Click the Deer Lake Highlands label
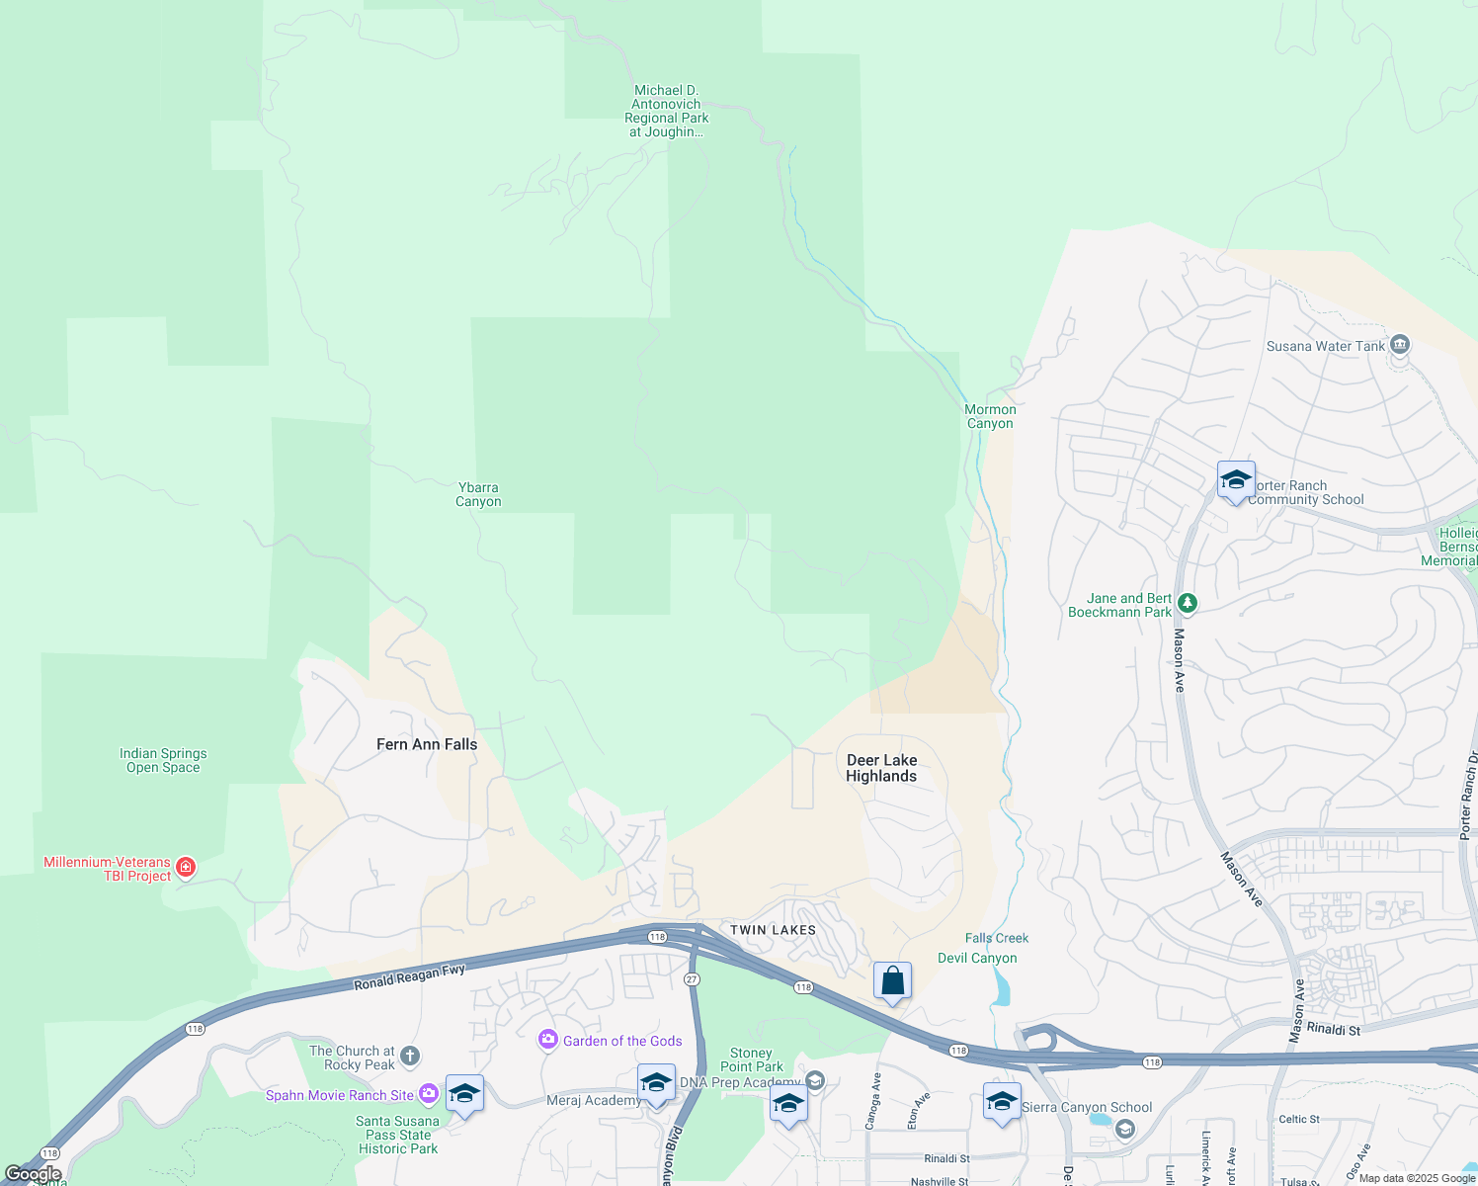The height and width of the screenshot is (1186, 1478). point(881,768)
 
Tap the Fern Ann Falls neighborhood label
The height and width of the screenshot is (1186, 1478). point(427,744)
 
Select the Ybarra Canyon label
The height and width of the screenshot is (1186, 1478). point(478,494)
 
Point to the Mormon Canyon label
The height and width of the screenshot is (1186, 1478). point(990,416)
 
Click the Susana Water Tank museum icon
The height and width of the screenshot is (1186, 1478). point(1399,345)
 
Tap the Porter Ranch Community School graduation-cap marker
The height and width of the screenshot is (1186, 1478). point(1236,480)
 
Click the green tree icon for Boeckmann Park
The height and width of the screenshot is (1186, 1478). point(1188,602)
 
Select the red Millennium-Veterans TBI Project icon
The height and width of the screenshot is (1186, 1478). point(185,868)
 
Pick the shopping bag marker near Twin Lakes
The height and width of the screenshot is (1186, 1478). point(892,981)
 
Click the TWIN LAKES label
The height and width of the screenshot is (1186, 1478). point(773,930)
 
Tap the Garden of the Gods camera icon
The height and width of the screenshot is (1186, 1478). point(548,1040)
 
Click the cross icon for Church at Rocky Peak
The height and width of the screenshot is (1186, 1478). point(410,1057)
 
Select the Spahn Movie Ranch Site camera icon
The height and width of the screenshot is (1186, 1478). point(428,1093)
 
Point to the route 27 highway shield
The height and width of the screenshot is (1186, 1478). point(692,978)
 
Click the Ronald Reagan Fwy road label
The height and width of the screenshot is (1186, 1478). point(409,976)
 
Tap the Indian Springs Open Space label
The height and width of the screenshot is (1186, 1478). point(163,760)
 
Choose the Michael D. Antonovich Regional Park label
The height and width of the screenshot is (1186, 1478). point(667,111)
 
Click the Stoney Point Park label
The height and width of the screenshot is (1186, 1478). point(752,1059)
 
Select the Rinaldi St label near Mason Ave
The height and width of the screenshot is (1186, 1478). point(1334,1030)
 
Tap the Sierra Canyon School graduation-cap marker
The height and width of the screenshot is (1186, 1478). point(1001,1100)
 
